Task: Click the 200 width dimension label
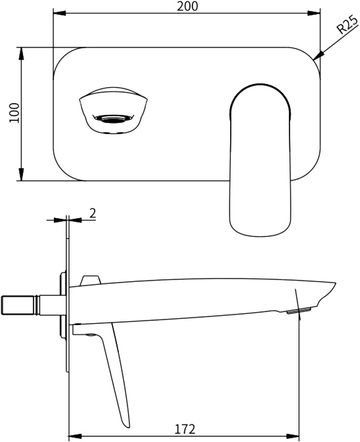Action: [x=188, y=6]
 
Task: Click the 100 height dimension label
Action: [x=14, y=113]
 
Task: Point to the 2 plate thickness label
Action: [x=93, y=213]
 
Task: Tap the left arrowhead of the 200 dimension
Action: [x=59, y=13]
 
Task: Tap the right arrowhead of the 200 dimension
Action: [x=314, y=13]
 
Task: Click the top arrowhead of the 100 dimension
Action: [x=21, y=54]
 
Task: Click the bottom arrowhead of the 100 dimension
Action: [x=21, y=174]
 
